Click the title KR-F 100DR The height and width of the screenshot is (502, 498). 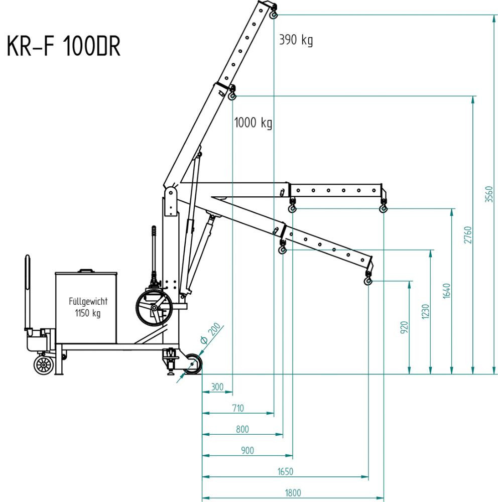(64, 48)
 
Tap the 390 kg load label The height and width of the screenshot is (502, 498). (296, 40)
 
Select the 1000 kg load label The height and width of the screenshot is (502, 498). (254, 122)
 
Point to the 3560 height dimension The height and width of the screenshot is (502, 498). (489, 195)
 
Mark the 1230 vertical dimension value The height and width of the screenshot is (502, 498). (426, 312)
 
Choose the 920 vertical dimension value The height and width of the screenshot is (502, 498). (405, 327)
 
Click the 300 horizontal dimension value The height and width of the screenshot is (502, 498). (217, 387)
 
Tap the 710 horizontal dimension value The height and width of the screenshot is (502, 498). (237, 408)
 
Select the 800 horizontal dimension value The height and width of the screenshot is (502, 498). (242, 429)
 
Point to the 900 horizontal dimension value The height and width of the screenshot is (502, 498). (247, 450)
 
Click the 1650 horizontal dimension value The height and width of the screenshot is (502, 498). (285, 471)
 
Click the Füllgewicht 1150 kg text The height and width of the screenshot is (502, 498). (88, 307)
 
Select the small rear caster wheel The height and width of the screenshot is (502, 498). (44, 364)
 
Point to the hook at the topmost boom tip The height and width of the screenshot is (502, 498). (274, 15)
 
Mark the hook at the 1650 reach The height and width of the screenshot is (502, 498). (368, 280)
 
